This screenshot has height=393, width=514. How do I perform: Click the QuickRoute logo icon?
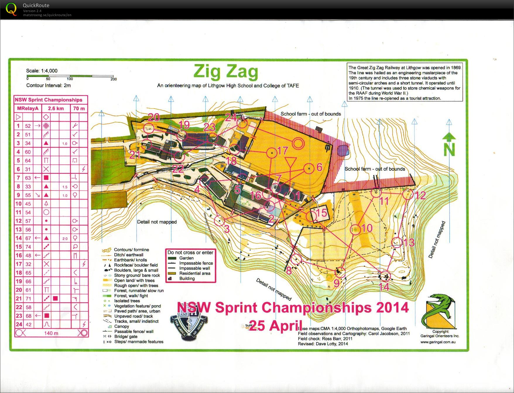point(11,9)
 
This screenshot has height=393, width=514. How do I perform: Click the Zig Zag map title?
point(226,72)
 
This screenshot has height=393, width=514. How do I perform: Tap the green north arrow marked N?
point(449,145)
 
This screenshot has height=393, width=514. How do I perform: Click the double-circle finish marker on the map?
point(298,143)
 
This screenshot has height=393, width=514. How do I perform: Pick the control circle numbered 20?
point(149,128)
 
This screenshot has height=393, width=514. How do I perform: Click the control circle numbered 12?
point(407,194)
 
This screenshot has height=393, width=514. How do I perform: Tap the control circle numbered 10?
point(355,230)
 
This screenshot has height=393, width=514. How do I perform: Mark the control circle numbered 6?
point(309,168)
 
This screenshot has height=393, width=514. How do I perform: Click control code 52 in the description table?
point(28,126)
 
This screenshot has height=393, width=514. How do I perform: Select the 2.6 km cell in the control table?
point(56,108)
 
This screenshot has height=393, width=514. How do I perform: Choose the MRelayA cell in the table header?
point(28,108)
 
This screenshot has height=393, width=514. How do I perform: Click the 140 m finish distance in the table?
point(51,333)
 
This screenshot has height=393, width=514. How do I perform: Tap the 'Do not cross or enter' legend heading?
point(190,253)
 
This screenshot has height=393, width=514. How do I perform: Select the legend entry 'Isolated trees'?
point(127,301)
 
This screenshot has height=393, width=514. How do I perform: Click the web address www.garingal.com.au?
point(438,342)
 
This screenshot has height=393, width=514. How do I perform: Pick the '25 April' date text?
point(275,326)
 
